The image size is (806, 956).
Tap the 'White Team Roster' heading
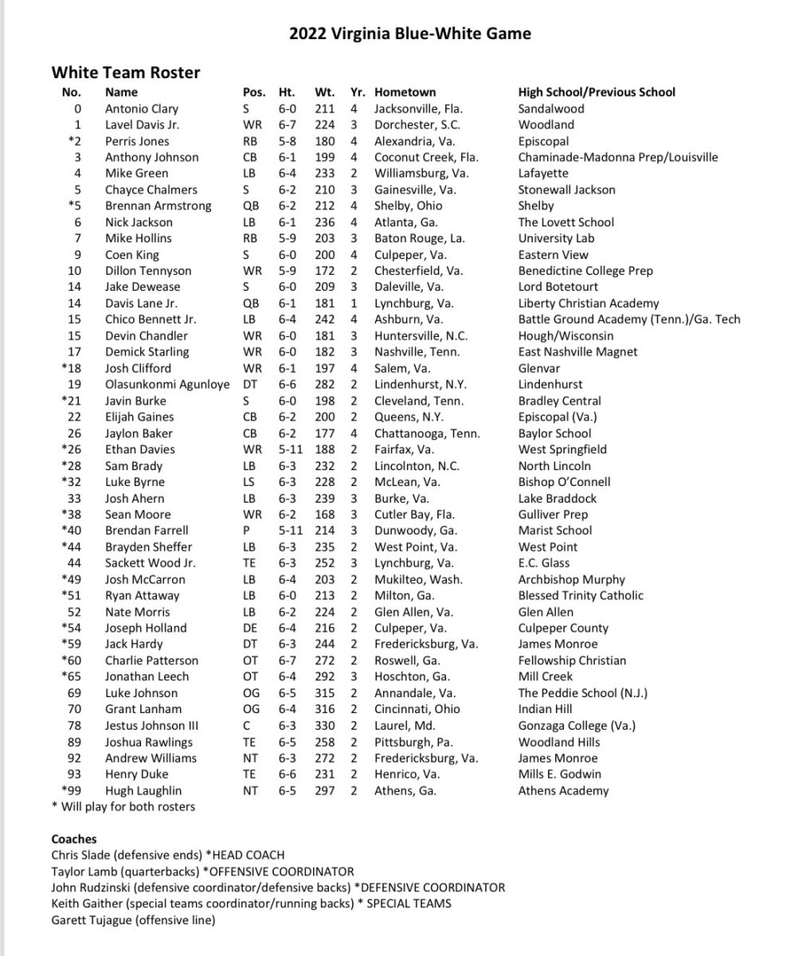pos(126,72)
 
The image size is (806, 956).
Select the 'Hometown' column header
pos(405,92)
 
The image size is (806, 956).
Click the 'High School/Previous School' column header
pos(597,92)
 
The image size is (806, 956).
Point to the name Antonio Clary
pos(142,108)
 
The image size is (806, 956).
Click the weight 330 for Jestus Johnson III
pos(326,726)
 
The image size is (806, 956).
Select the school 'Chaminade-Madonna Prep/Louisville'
pos(618,157)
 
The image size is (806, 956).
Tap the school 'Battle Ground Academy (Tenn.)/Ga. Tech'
pos(629,319)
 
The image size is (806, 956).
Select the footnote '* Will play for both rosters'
pos(123,806)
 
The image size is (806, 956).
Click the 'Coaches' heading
pos(74,839)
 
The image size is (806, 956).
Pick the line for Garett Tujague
pos(133,920)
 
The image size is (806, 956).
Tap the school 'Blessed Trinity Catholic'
pos(581,595)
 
